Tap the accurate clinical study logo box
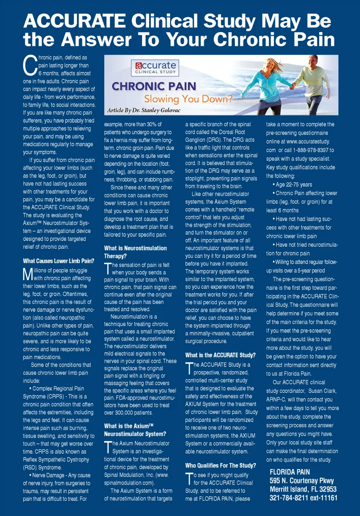pos(155,68)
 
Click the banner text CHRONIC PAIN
pos(154,86)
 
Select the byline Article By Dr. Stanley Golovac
pos(144,110)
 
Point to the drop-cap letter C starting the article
pos(30,66)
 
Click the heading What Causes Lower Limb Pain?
pos(58,261)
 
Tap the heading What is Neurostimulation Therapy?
pos(135,252)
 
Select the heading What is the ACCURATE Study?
pos(220,355)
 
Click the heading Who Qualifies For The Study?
pos(220,465)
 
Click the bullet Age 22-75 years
pos(294,185)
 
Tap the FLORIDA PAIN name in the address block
pos(290,472)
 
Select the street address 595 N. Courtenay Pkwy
pos(301,481)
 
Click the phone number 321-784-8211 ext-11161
pos(303,498)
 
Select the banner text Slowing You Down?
pos(188,99)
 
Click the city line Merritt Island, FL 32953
pos(303,489)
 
